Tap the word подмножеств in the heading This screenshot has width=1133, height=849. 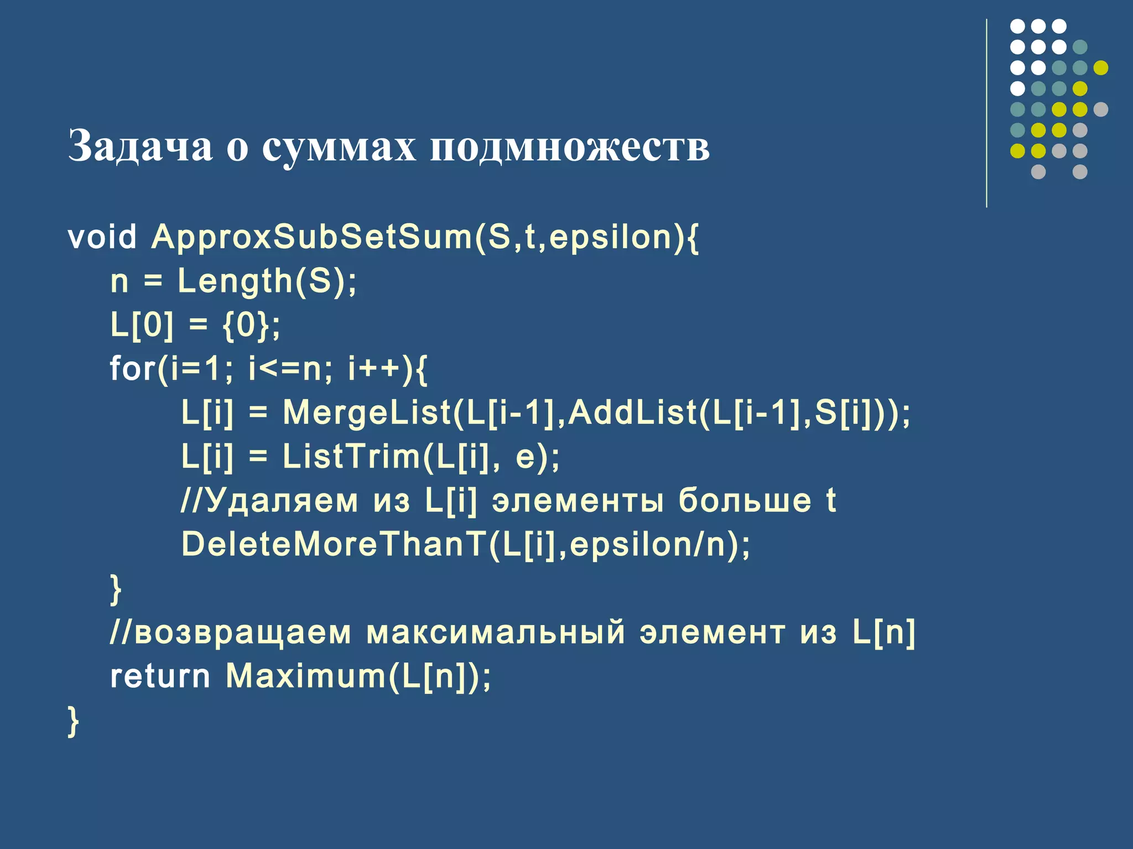tap(570, 147)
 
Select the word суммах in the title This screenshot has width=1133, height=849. tap(339, 147)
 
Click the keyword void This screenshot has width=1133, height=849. tap(102, 237)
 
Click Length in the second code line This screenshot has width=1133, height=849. tap(235, 281)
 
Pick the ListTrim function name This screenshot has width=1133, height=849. tap(352, 457)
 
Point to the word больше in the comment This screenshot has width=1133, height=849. tap(745, 500)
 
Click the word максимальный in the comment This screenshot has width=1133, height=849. tap(495, 632)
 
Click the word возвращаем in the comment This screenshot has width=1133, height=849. tap(242, 632)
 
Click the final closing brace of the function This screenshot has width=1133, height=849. tap(73, 721)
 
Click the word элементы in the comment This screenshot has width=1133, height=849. tap(578, 501)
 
